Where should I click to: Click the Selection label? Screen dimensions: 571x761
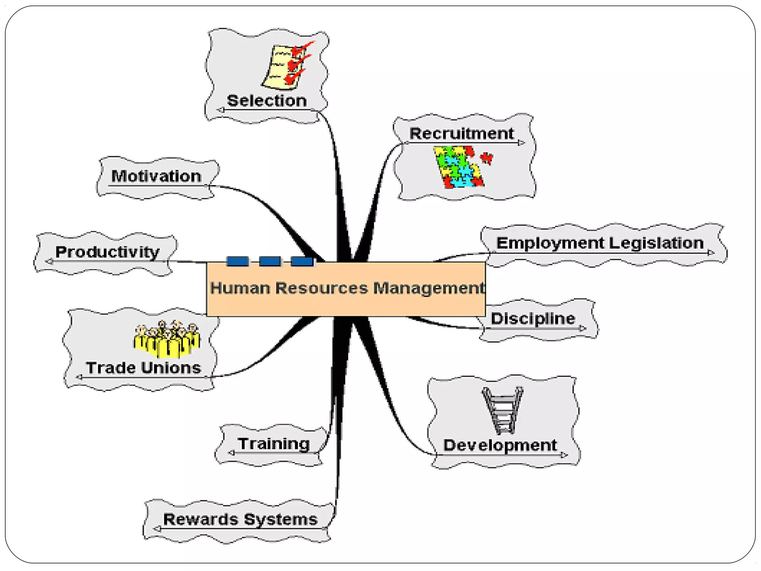click(267, 101)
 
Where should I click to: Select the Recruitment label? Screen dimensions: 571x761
click(462, 133)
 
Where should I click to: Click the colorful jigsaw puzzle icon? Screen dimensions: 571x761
click(459, 167)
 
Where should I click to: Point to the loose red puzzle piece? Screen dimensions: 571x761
click(486, 158)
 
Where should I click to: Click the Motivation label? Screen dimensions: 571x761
click(156, 176)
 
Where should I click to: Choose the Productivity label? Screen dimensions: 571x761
click(107, 252)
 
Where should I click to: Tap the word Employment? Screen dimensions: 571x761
click(550, 243)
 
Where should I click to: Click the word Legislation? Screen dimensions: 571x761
click(656, 243)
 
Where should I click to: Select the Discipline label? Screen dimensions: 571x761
click(533, 319)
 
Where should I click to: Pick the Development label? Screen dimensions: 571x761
click(500, 445)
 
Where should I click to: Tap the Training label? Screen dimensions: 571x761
click(274, 443)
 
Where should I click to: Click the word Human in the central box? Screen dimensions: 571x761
click(240, 288)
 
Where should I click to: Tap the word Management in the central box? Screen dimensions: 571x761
click(429, 288)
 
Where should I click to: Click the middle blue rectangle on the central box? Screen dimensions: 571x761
click(270, 261)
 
